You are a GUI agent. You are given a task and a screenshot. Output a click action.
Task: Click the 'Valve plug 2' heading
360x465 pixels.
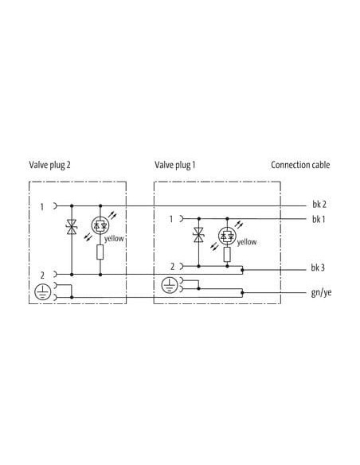(50, 165)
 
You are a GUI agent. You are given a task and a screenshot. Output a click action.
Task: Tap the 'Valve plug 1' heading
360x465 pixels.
(175, 165)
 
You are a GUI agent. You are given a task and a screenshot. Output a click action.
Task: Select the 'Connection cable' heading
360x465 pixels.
(300, 165)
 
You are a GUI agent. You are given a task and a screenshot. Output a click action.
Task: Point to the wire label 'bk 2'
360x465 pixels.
(319, 205)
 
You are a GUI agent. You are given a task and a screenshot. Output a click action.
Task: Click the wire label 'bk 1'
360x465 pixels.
(319, 220)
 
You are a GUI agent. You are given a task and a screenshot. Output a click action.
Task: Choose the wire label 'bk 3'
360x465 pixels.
(318, 268)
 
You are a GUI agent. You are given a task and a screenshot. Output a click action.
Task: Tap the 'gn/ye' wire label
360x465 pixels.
(322, 293)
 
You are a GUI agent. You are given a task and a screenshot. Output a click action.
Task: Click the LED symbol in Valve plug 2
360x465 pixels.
(100, 225)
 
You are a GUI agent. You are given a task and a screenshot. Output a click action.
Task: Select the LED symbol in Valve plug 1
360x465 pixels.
(227, 236)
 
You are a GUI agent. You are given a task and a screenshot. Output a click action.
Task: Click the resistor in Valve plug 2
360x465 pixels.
(100, 252)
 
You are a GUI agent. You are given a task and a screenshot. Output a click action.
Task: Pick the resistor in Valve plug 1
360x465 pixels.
(227, 255)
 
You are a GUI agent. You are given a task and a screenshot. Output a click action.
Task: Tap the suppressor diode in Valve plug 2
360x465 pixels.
(72, 227)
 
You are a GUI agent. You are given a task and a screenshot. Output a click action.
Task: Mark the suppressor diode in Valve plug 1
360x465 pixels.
(198, 235)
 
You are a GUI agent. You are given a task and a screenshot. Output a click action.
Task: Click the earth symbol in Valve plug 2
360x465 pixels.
(43, 291)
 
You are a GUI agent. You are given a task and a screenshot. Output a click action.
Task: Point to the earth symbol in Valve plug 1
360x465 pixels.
(170, 285)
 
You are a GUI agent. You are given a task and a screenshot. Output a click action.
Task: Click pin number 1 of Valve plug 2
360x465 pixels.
(41, 207)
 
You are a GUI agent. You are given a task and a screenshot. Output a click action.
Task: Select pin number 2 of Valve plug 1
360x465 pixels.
(172, 267)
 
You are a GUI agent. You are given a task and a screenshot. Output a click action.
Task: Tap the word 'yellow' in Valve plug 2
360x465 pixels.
(114, 239)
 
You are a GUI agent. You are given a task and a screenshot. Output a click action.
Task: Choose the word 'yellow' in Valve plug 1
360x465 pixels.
(247, 242)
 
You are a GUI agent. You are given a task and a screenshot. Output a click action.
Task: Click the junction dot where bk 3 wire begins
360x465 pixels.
(243, 270)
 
